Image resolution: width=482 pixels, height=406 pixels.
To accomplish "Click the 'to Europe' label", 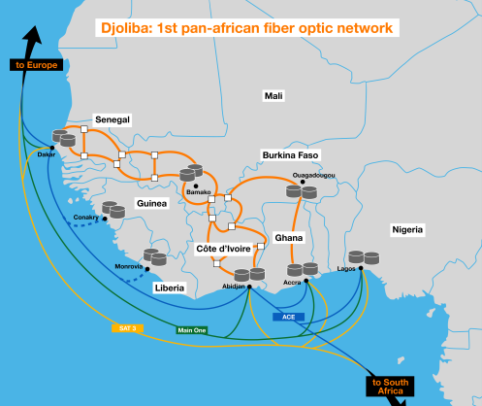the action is (36, 65).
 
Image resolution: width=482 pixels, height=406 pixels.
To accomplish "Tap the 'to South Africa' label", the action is (390, 387).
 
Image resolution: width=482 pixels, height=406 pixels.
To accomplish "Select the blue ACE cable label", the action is (288, 317).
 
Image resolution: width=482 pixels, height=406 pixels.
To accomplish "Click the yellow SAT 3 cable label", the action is (127, 328).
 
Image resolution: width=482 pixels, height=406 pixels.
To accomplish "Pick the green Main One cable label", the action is (192, 330).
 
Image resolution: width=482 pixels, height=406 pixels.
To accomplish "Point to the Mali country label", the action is (273, 96).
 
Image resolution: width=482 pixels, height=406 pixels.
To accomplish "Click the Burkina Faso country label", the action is (290, 155).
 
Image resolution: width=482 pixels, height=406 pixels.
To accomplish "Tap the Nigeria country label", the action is (407, 229).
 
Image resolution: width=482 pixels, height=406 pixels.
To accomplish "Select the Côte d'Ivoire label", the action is (223, 249).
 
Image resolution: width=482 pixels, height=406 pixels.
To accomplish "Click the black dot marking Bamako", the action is (196, 186).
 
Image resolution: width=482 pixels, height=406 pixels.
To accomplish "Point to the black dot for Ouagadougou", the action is (303, 182).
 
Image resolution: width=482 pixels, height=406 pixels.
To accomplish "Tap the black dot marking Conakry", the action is (105, 219).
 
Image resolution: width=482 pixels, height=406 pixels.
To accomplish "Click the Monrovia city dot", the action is (147, 269).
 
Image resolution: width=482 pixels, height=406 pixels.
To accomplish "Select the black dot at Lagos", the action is (361, 268).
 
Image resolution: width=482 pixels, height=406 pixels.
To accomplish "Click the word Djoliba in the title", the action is (127, 28).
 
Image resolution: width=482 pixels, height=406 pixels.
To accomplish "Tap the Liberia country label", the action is (170, 288).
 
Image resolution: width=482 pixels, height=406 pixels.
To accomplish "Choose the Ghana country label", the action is (289, 238).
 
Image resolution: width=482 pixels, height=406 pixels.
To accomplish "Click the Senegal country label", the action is (112, 119).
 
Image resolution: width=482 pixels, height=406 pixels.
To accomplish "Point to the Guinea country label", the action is (151, 203).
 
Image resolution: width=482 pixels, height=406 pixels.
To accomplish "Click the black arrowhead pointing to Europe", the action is (33, 36).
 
